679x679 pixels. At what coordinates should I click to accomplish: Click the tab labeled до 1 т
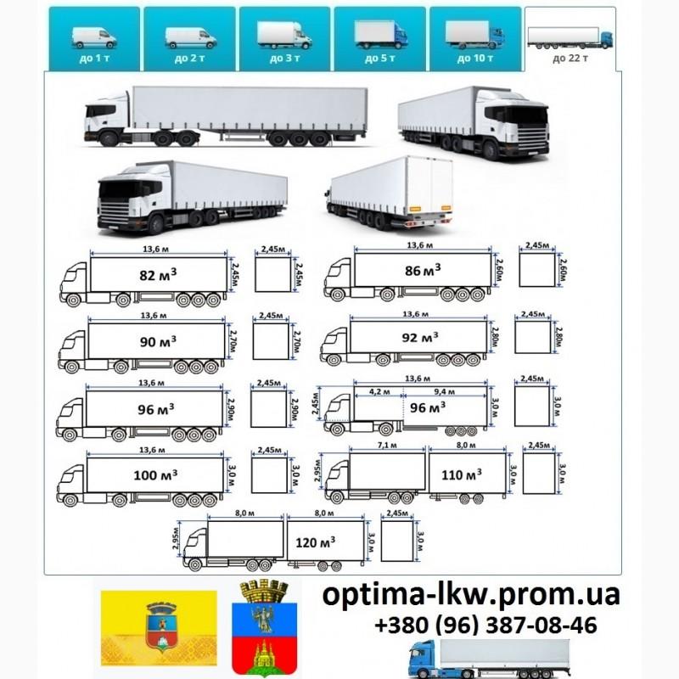pos(93,38)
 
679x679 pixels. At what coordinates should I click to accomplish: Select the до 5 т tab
pos(380,38)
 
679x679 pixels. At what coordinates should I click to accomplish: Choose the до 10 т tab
pos(474,38)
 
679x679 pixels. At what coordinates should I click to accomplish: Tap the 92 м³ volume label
pos(420,337)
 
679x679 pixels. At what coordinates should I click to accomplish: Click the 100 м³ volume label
pos(155,474)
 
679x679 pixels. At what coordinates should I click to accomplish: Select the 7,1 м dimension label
pos(387,445)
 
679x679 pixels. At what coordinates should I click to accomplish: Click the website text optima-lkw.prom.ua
pos(471,595)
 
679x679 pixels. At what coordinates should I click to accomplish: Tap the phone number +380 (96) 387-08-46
pos(485,626)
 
